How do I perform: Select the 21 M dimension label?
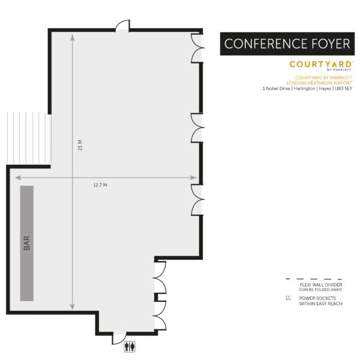pyautogui.click(x=80, y=146)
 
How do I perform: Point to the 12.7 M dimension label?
pyautogui.click(x=100, y=185)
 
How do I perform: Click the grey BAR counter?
pyautogui.click(x=26, y=242)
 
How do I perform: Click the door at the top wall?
pyautogui.click(x=122, y=26)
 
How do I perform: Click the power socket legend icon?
pyautogui.click(x=289, y=298)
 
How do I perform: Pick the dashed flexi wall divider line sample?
pyautogui.click(x=311, y=280)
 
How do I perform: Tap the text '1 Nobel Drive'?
pyautogui.click(x=277, y=89)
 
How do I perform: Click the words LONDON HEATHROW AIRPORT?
pyautogui.click(x=319, y=83)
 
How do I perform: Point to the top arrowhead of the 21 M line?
pyautogui.click(x=73, y=37)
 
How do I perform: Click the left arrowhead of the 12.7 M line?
pyautogui.click(x=17, y=178)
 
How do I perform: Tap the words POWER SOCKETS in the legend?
pyautogui.click(x=317, y=298)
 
